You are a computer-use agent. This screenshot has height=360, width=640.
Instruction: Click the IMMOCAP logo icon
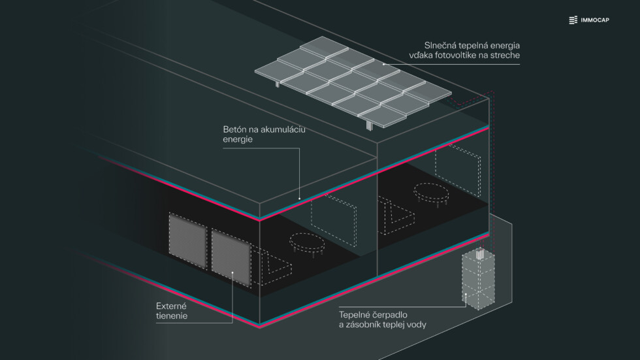tap(573, 20)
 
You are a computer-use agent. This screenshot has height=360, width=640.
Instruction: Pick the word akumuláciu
tap(284, 129)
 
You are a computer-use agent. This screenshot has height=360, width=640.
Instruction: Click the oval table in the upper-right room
tap(431, 191)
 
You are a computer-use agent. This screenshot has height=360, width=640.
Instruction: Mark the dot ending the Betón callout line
tap(300, 198)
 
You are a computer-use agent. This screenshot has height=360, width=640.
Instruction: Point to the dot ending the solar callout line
tap(383, 64)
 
